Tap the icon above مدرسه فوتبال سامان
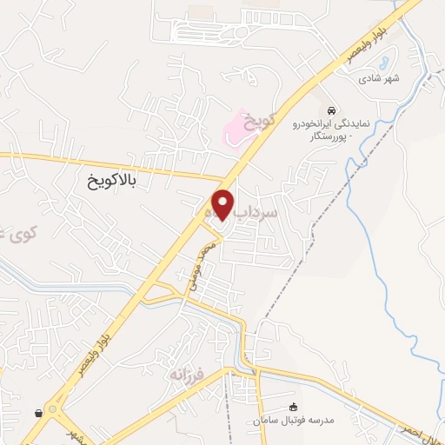point(293,406)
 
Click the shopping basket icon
point(39,413)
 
